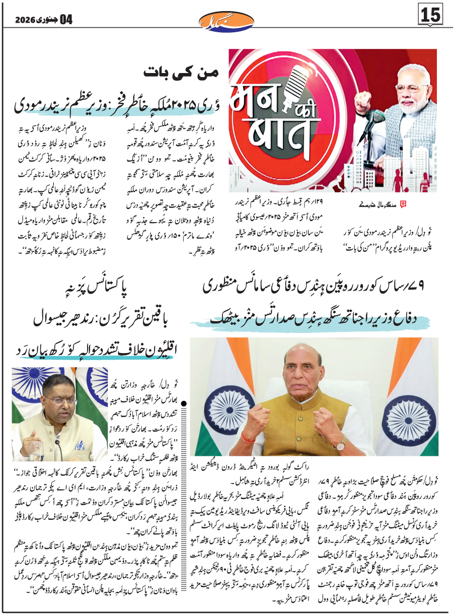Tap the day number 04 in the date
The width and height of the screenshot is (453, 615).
point(66,20)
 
